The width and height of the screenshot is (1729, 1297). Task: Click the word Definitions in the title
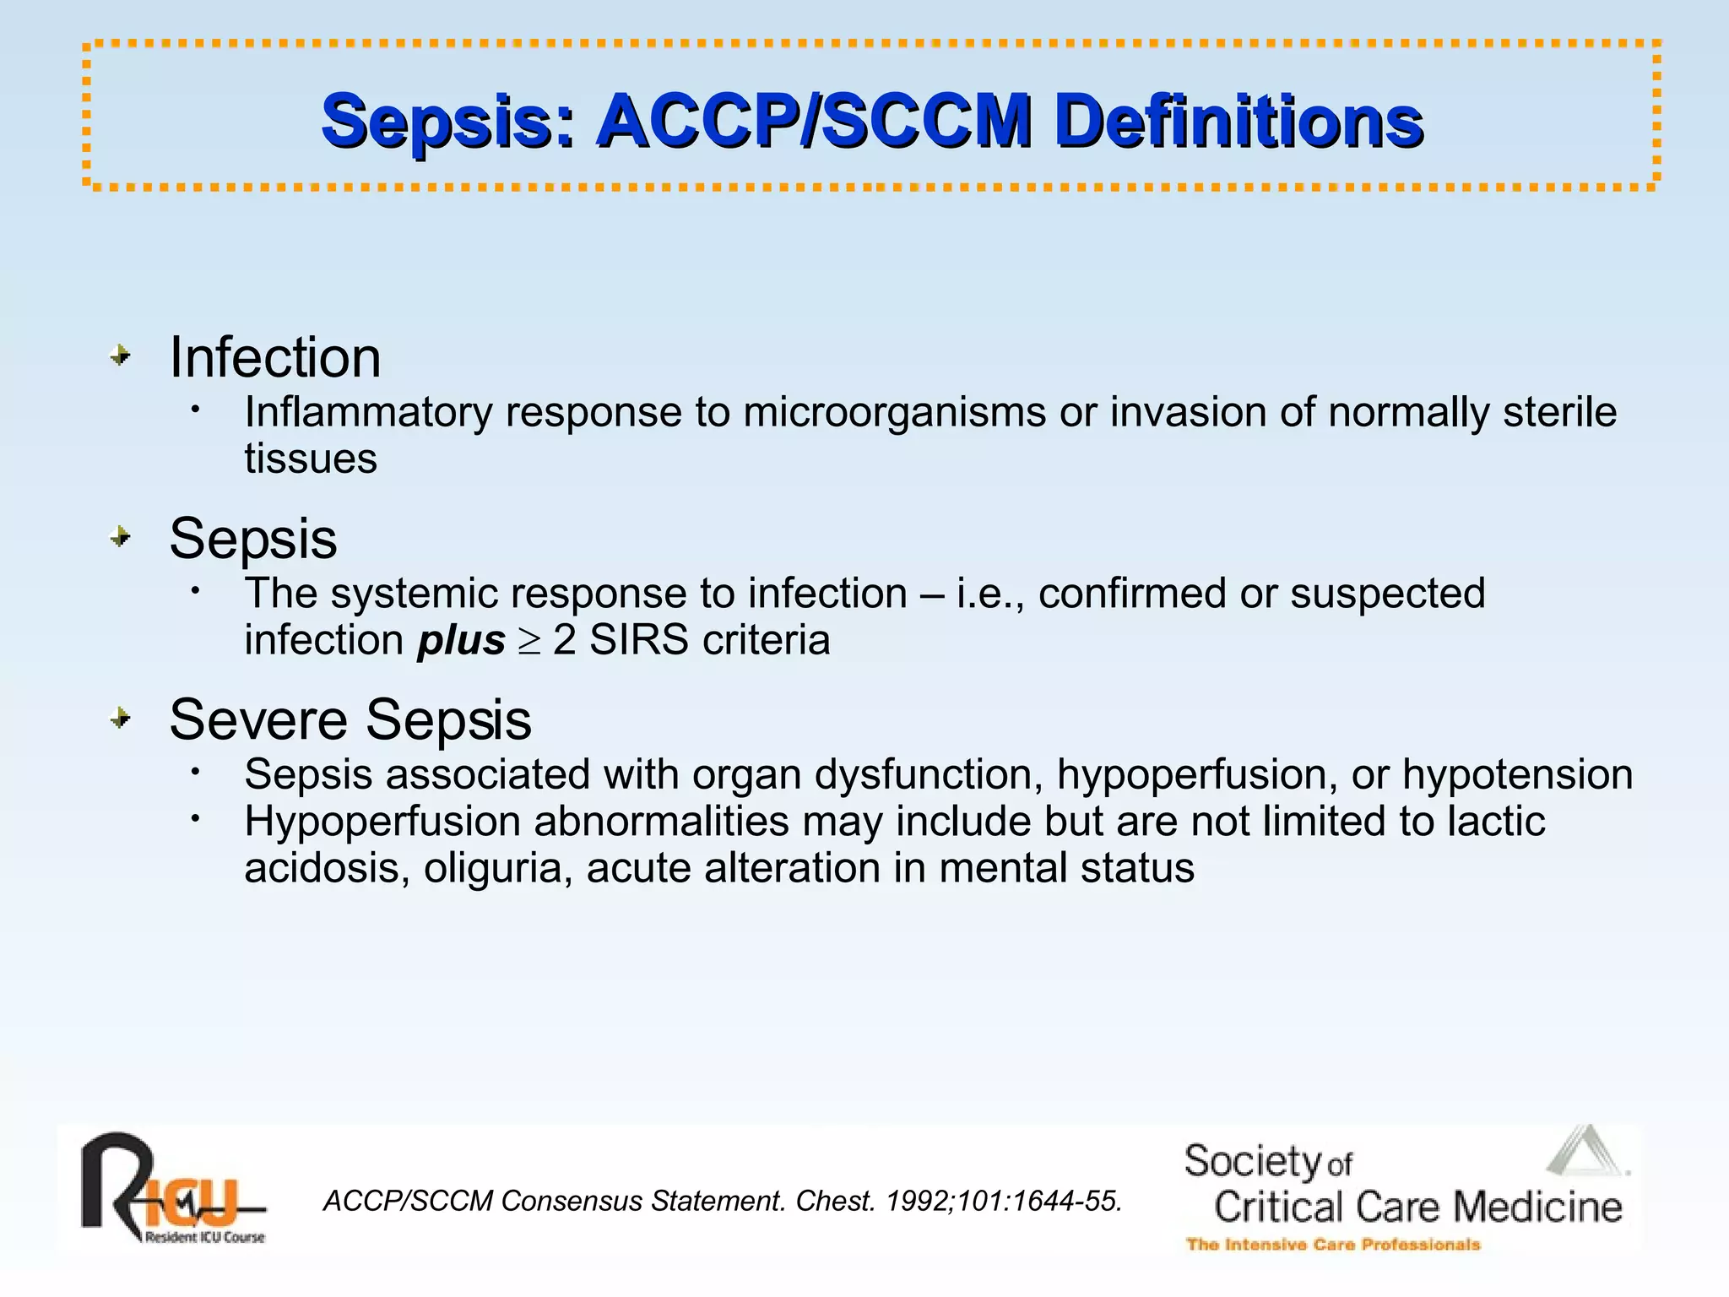tap(1238, 122)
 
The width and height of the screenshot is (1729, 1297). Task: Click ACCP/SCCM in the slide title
tap(814, 122)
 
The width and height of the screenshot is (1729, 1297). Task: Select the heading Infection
tap(275, 357)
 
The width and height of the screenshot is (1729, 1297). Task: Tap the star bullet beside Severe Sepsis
tap(122, 719)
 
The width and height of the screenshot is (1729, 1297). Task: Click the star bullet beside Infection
tap(122, 356)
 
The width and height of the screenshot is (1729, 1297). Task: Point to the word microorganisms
tap(894, 413)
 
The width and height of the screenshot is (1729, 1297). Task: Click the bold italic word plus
tap(461, 640)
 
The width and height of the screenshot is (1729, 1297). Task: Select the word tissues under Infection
tap(311, 459)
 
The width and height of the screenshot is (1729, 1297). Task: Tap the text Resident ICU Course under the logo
tap(204, 1237)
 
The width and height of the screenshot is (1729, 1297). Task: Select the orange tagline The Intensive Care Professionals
tap(1333, 1244)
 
